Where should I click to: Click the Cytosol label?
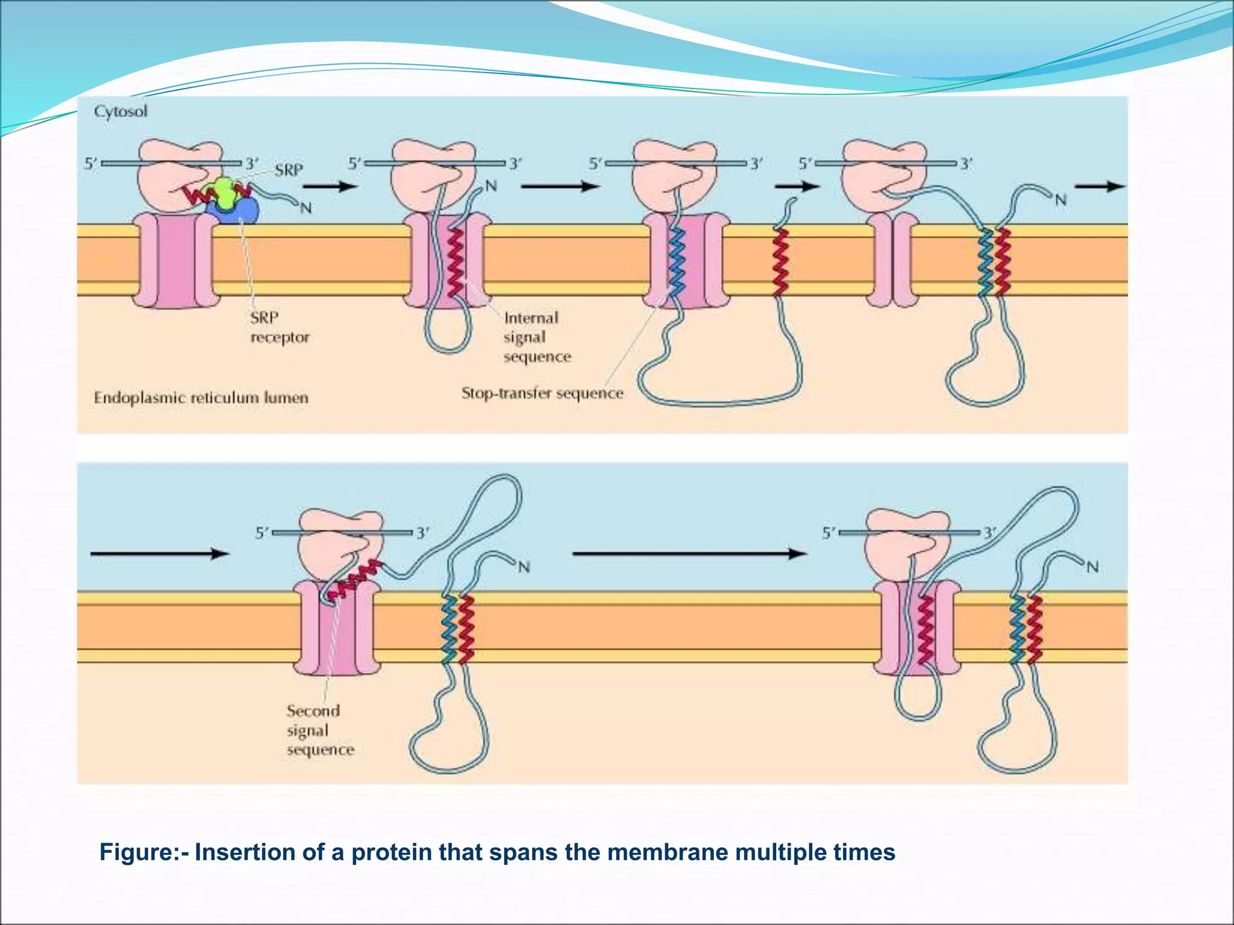[121, 112]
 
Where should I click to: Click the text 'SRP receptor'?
[280, 327]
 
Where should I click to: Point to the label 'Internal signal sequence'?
[536, 337]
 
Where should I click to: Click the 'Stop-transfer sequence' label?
[542, 393]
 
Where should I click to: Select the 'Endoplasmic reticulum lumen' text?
[201, 397]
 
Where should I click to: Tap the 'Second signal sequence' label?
[320, 730]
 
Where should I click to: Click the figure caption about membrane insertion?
[497, 853]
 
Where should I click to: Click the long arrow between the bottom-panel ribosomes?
[689, 553]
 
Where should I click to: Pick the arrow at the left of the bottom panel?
[160, 553]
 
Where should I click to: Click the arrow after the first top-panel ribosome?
[338, 186]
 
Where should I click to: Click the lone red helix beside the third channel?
[781, 262]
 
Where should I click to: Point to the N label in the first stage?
[306, 208]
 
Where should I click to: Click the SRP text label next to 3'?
[289, 170]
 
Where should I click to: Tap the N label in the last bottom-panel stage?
[1092, 567]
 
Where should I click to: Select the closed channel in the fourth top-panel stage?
[892, 262]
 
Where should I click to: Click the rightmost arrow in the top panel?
[1100, 186]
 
